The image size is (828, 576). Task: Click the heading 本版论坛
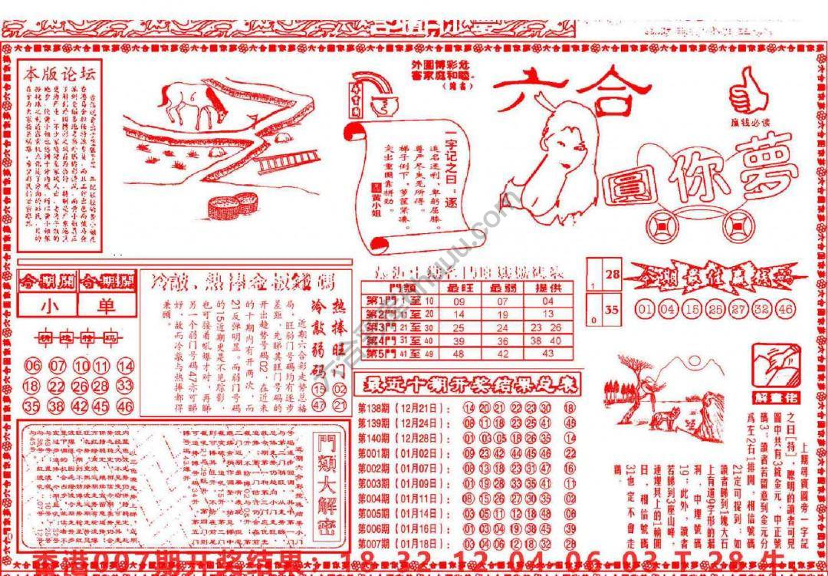pyautogui.click(x=60, y=74)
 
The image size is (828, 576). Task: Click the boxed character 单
pyautogui.click(x=106, y=307)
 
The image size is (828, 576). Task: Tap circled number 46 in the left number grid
pyautogui.click(x=125, y=406)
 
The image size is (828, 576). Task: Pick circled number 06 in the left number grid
pyautogui.click(x=32, y=366)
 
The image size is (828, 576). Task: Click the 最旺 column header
pyautogui.click(x=458, y=288)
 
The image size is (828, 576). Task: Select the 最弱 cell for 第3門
pyautogui.click(x=502, y=327)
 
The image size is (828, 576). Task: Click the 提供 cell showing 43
pyautogui.click(x=547, y=353)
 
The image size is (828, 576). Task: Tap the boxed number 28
pyautogui.click(x=611, y=274)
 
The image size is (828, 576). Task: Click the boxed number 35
pyautogui.click(x=611, y=311)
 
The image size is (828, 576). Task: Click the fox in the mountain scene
pyautogui.click(x=661, y=418)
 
